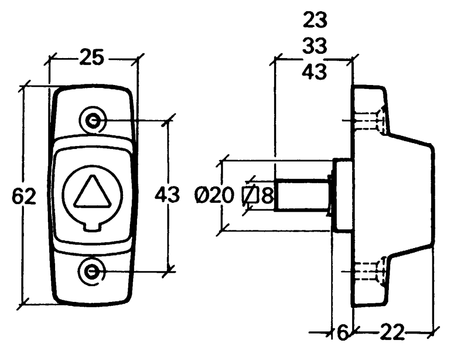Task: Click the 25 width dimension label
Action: click(x=91, y=58)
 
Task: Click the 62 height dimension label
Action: click(x=24, y=196)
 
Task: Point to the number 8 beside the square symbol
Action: click(x=267, y=196)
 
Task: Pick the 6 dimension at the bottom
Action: click(x=342, y=333)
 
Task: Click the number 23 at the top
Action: click(x=315, y=20)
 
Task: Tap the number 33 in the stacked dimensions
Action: click(x=315, y=46)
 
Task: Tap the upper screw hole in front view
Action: click(x=92, y=121)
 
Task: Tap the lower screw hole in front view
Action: click(x=92, y=271)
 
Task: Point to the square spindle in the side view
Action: click(x=301, y=196)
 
